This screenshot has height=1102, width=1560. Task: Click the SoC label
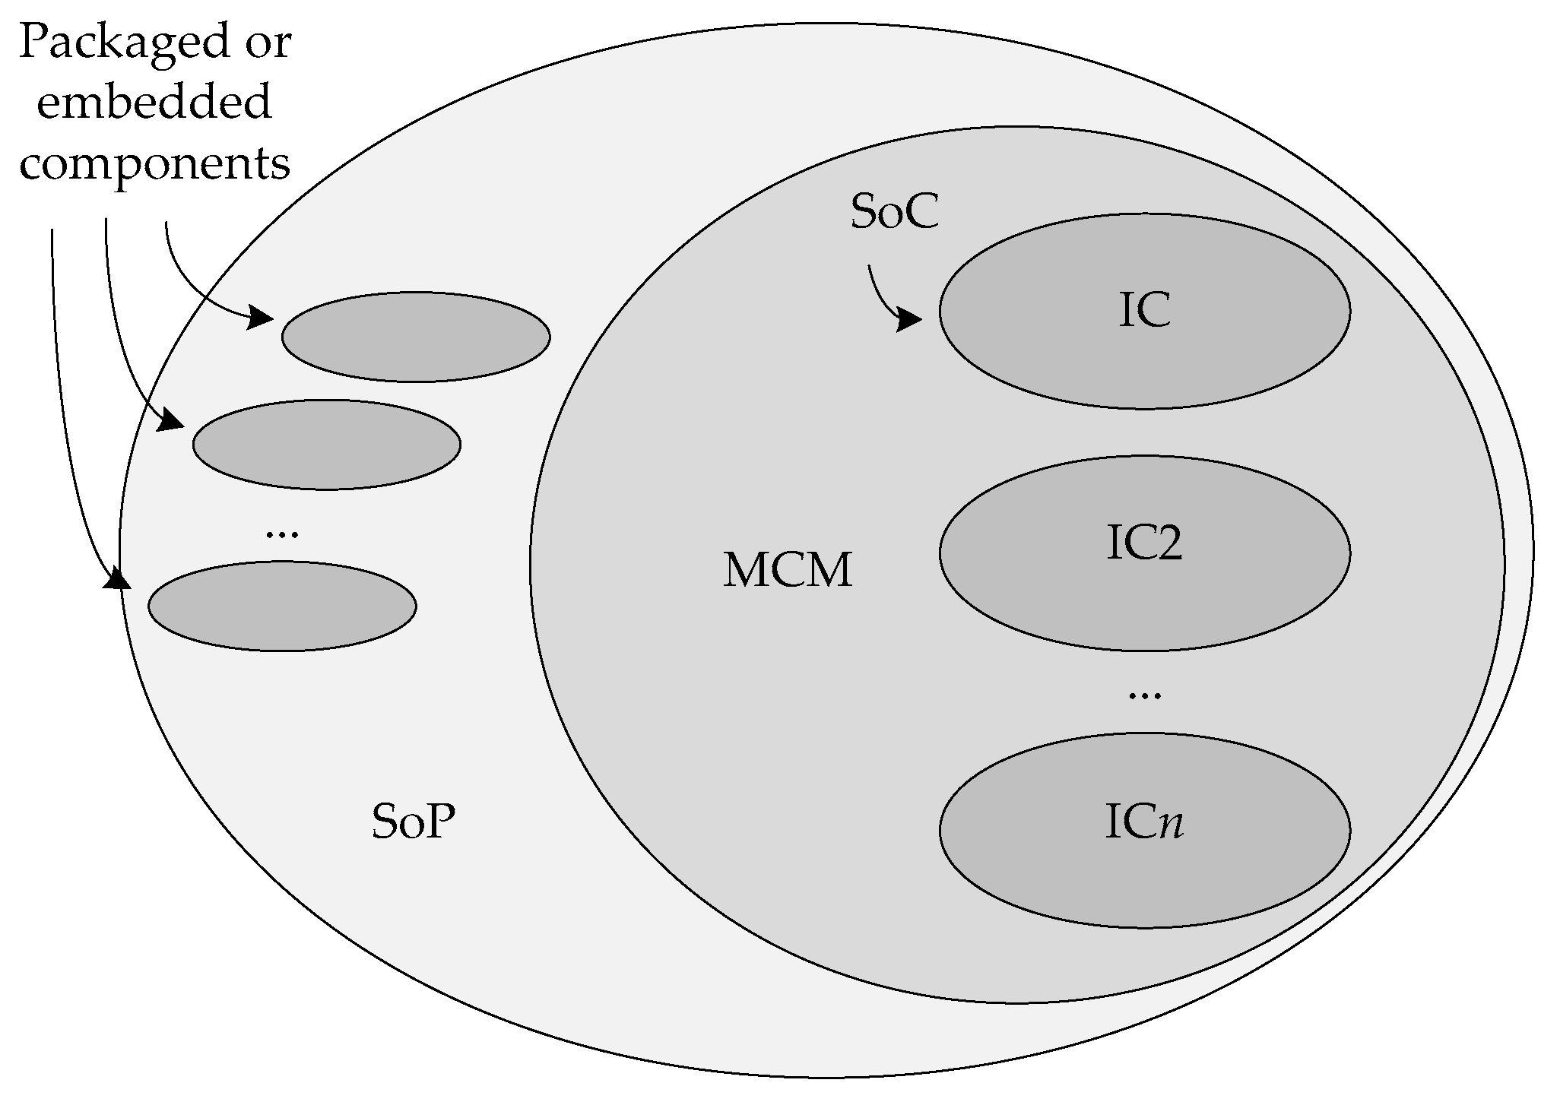click(x=894, y=212)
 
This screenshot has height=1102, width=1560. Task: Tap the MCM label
click(x=788, y=571)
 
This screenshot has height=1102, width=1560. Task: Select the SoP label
click(x=413, y=822)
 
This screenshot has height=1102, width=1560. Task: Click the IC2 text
click(x=1144, y=545)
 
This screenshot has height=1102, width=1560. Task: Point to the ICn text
click(x=1144, y=824)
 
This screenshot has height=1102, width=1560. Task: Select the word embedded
click(x=154, y=103)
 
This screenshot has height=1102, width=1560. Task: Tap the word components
click(x=154, y=163)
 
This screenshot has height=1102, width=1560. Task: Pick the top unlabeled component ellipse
click(x=416, y=337)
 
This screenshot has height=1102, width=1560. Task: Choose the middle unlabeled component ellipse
click(x=326, y=445)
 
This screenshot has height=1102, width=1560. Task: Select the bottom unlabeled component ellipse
click(x=282, y=606)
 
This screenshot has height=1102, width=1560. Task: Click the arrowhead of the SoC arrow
click(x=909, y=319)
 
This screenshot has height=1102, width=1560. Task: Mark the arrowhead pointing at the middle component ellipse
click(x=171, y=420)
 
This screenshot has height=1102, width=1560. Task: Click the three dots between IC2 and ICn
click(x=1145, y=695)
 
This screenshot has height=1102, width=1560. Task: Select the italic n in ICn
click(x=1172, y=825)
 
